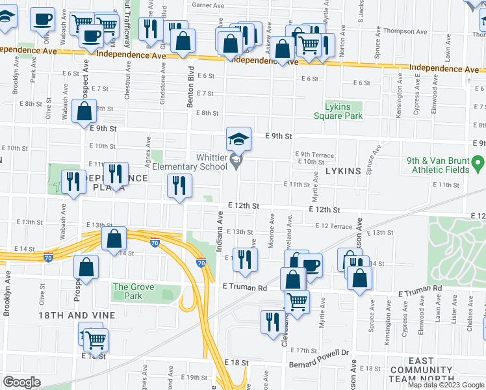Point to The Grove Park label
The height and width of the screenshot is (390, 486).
[133, 291]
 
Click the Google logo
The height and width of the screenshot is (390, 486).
[21, 382]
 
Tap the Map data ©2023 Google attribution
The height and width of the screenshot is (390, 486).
[446, 385]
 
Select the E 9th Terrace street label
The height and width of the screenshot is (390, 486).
[314, 155]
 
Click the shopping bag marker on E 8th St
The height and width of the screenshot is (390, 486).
[84, 112]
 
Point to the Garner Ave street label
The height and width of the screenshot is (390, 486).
[208, 5]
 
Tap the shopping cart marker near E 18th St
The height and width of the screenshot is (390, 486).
[96, 339]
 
